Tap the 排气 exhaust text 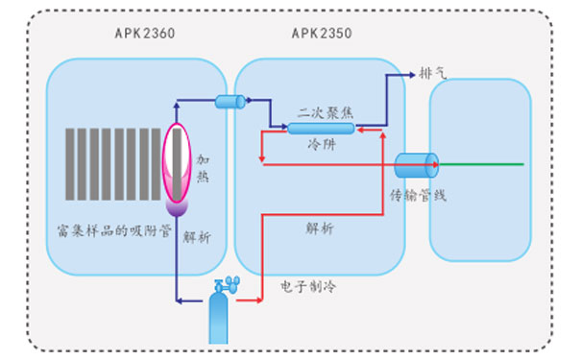433,74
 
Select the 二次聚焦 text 326,111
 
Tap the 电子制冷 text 306,285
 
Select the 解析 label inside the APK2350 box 320,229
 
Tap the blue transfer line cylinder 416,165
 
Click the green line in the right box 480,165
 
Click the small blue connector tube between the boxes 229,102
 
